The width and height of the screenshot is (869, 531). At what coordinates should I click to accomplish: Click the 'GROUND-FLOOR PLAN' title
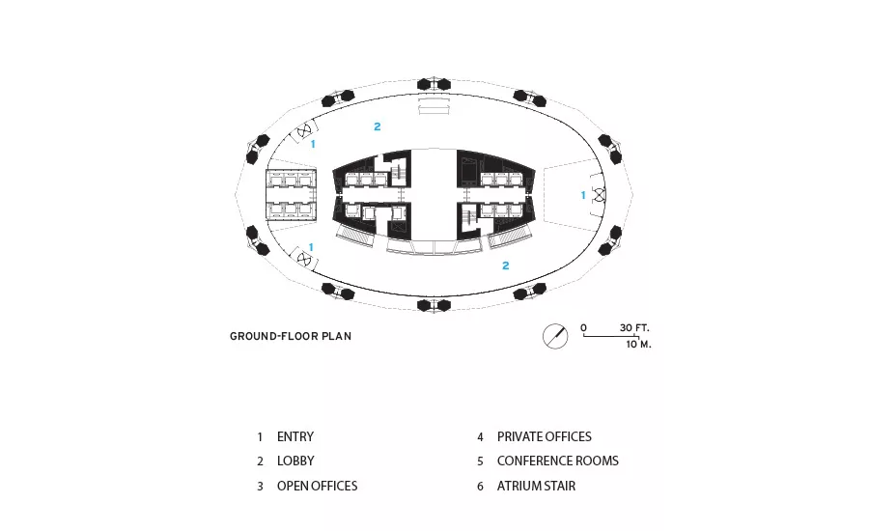(x=291, y=336)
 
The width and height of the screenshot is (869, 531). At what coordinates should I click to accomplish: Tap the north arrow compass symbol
(x=555, y=336)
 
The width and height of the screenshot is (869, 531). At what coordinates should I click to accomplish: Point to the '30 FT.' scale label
(x=634, y=327)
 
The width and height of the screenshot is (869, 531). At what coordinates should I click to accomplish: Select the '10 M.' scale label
(x=638, y=345)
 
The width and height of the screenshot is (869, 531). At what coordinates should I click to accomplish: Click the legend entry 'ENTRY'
(x=295, y=436)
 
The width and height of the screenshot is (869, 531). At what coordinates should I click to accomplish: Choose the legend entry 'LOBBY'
(x=295, y=461)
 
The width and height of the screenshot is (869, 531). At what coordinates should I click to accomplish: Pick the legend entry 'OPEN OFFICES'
(x=317, y=486)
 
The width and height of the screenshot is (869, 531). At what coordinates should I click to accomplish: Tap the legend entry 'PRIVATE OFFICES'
(x=545, y=436)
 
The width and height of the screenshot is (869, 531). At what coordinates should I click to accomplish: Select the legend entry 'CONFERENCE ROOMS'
(x=557, y=461)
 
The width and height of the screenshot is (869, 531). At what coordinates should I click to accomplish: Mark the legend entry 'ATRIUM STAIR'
(x=536, y=486)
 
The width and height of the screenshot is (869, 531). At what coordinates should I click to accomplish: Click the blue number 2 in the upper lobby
(x=378, y=126)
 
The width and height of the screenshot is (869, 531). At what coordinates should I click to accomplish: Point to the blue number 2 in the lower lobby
(x=505, y=266)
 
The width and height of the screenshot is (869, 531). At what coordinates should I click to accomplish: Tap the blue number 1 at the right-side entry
(x=583, y=195)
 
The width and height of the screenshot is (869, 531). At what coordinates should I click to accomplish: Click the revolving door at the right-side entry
(x=599, y=195)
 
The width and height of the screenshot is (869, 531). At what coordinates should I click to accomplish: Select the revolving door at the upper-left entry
(x=304, y=131)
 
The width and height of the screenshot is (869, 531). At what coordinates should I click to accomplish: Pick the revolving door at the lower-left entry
(x=304, y=259)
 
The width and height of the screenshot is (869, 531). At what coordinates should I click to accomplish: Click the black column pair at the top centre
(x=434, y=84)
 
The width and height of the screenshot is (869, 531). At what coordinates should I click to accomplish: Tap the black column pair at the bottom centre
(x=434, y=305)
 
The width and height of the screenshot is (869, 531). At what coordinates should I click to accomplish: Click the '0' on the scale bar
(x=583, y=327)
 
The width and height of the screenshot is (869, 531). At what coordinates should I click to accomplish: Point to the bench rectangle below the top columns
(x=434, y=106)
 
